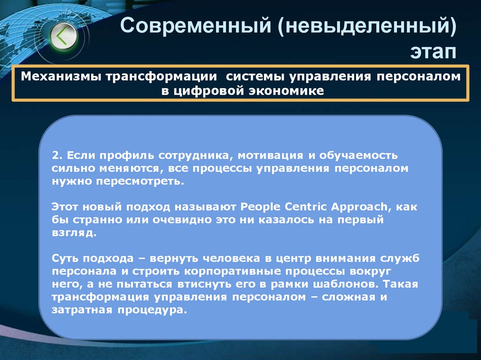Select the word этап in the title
point(433,51)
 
